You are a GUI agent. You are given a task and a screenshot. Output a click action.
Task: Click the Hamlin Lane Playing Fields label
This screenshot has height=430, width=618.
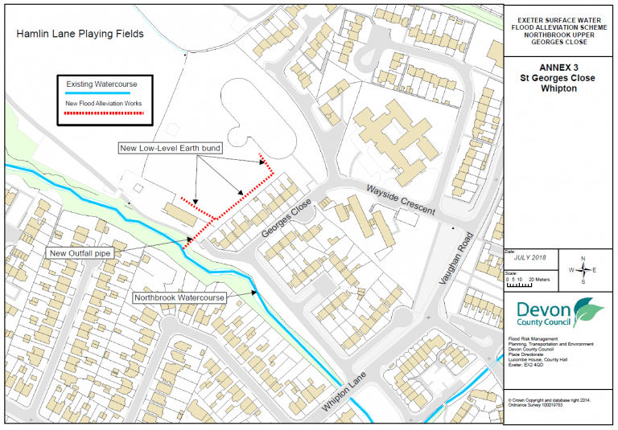(x=80, y=34)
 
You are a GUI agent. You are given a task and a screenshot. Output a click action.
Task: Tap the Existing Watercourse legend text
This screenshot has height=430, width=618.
(x=101, y=84)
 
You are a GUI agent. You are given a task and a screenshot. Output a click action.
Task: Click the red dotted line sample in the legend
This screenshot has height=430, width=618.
(x=101, y=113)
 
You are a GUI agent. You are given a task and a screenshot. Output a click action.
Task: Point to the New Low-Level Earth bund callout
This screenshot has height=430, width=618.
(x=169, y=149)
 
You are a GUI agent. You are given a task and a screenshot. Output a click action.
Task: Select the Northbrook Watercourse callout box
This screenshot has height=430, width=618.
(x=179, y=297)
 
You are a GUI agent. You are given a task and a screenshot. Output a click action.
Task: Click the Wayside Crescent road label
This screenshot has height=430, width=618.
(x=401, y=199)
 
